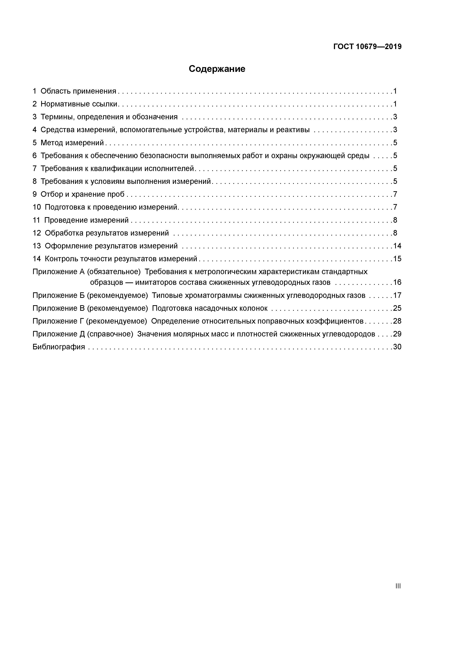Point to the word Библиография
point(59,347)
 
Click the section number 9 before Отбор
point(35,194)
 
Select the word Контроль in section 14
point(62,259)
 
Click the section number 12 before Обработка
point(37,233)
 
